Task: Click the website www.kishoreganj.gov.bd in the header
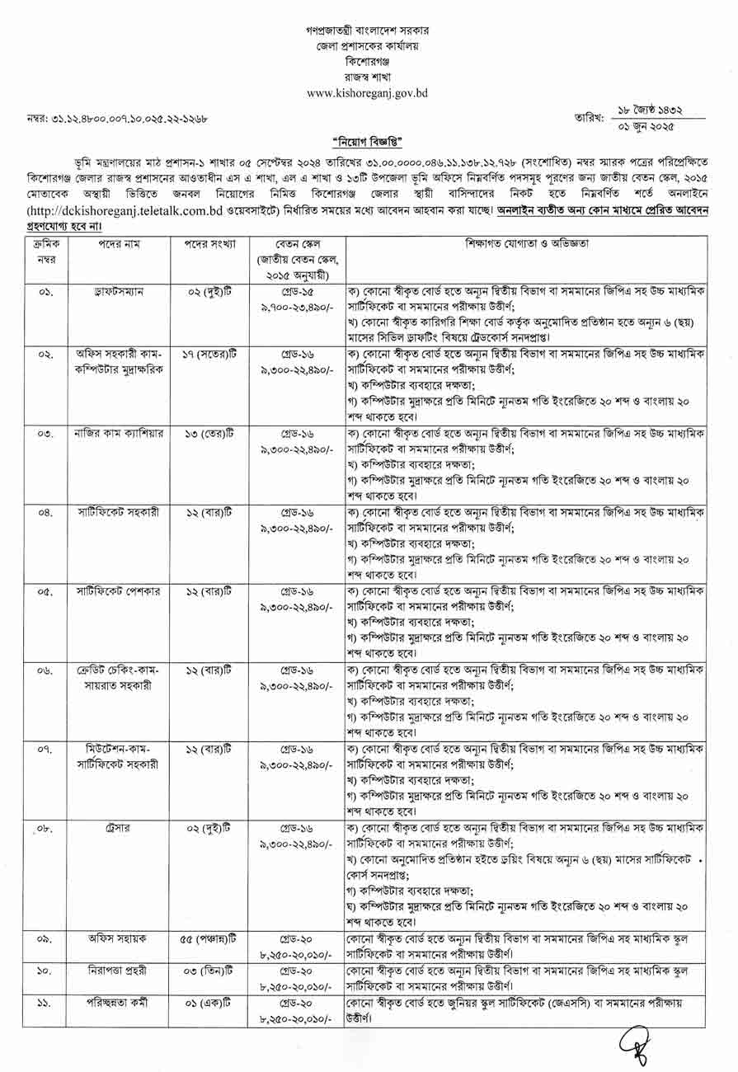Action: tap(367, 93)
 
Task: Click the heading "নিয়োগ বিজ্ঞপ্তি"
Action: tap(369, 140)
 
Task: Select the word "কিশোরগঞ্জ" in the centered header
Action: tap(367, 62)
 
